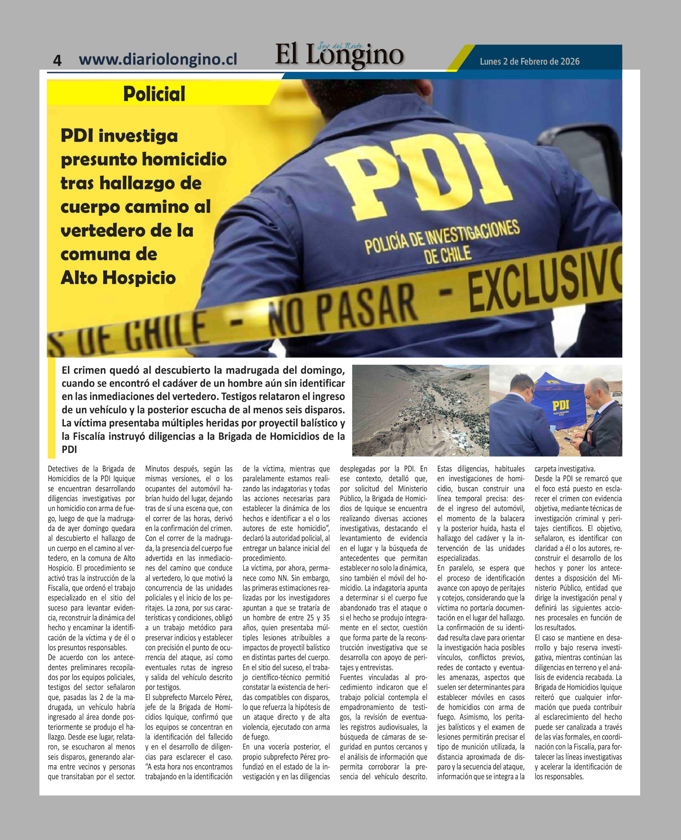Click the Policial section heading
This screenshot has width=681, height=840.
coord(154,94)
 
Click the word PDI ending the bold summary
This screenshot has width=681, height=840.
coord(69,450)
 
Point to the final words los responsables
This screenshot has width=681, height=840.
coord(559,776)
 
